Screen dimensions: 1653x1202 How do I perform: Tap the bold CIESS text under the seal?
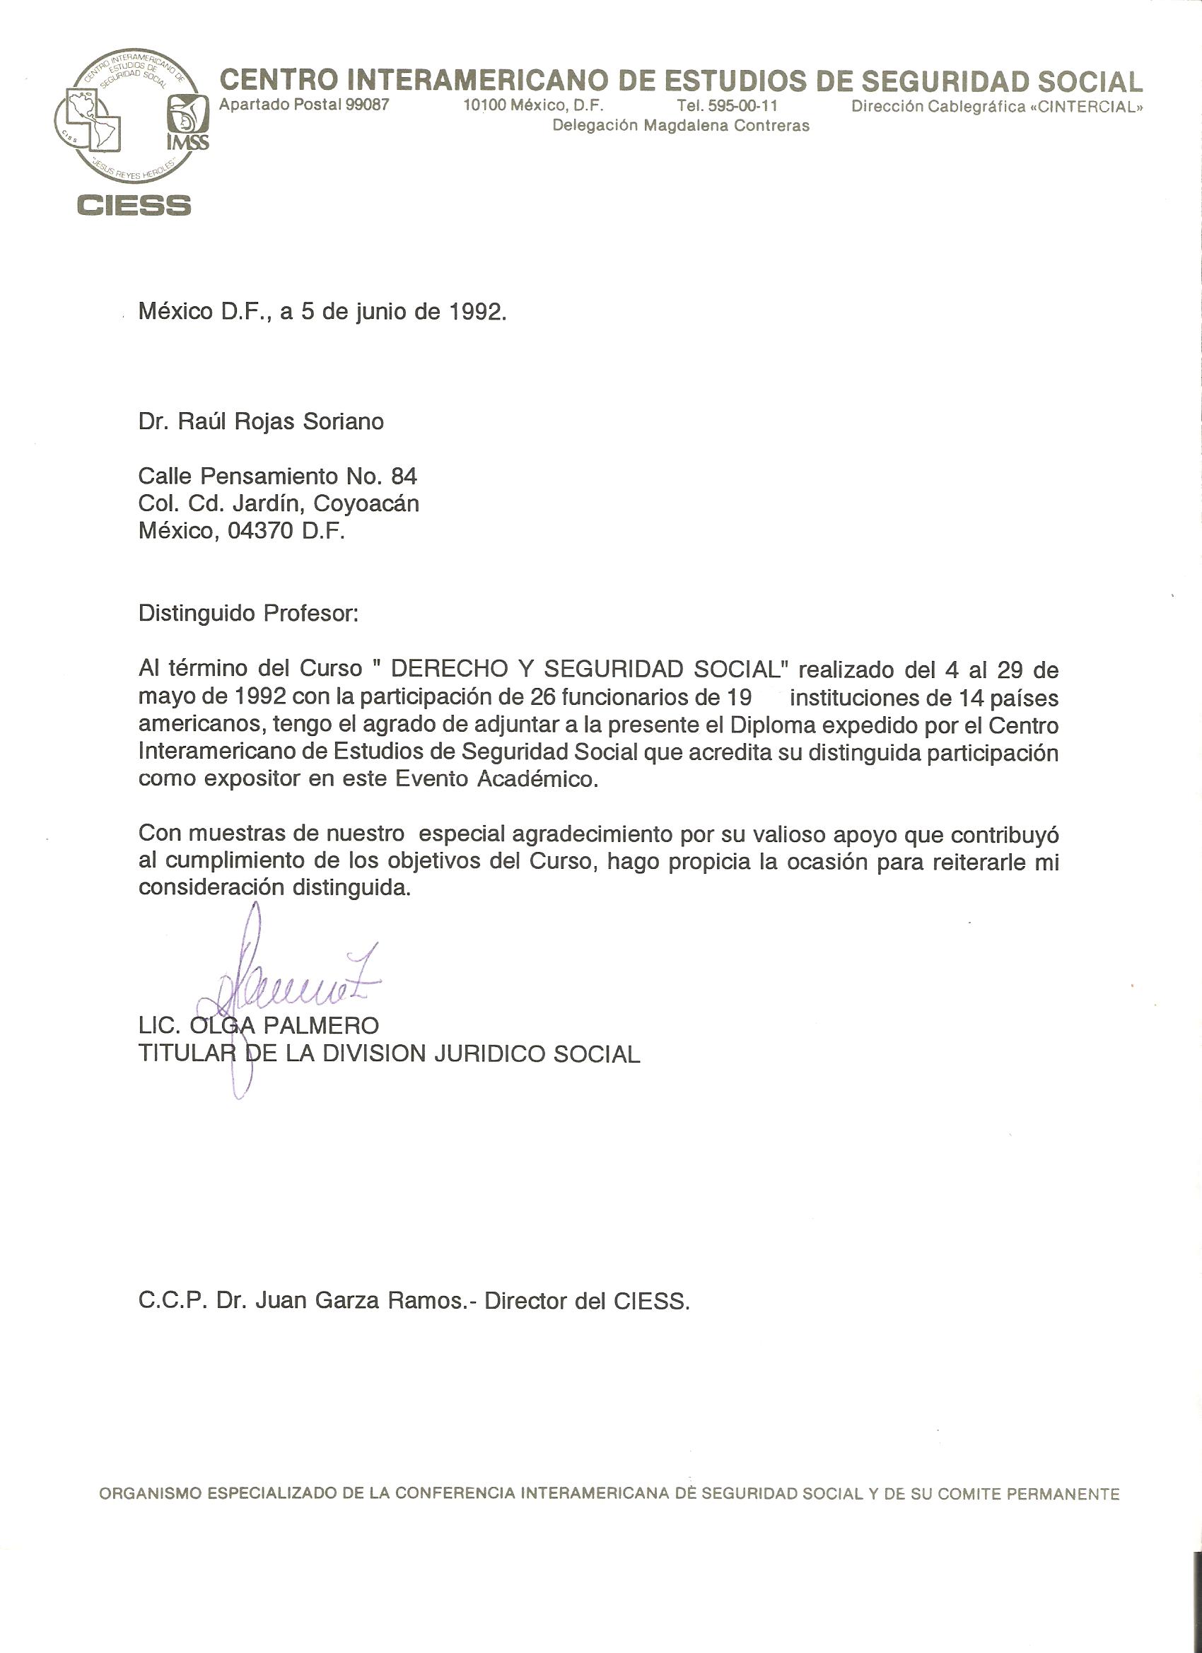(134, 205)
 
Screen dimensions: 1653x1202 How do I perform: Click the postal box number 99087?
(368, 105)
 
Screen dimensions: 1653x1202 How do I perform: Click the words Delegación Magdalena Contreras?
(681, 125)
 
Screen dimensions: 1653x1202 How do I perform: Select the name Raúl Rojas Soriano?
(281, 422)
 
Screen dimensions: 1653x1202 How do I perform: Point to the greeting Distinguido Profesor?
(249, 613)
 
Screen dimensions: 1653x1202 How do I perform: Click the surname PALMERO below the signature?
(321, 1026)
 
